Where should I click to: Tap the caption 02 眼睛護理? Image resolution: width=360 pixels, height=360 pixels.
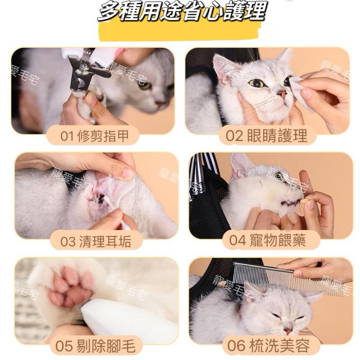tap(267, 135)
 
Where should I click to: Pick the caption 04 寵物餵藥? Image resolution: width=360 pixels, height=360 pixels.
tap(267, 240)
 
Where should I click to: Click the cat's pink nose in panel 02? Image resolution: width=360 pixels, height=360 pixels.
tap(283, 94)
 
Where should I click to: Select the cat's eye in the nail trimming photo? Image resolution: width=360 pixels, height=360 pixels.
tap(144, 85)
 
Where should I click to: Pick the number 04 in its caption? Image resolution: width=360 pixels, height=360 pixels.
tap(237, 240)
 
